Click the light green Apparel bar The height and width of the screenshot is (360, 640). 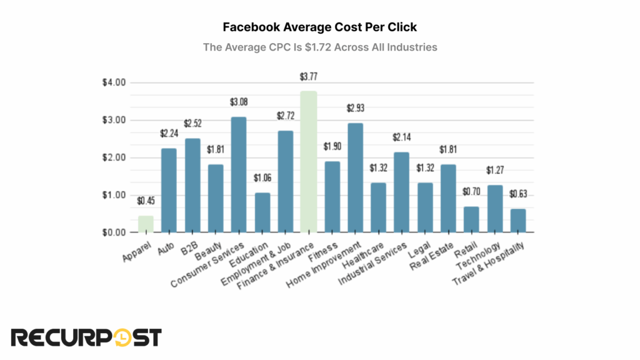146,224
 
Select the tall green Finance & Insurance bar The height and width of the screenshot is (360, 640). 308,162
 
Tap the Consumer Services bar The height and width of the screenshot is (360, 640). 239,175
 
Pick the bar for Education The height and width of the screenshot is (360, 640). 262,212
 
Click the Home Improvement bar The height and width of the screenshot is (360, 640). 355,177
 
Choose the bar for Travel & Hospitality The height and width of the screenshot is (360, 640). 517,221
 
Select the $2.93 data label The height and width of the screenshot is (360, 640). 355,109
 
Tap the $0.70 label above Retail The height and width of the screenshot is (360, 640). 471,193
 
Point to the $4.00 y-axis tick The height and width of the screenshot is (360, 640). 113,82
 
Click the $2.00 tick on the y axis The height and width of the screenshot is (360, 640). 113,157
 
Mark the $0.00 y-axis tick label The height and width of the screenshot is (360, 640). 113,232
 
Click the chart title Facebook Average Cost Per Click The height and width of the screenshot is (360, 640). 319,28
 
